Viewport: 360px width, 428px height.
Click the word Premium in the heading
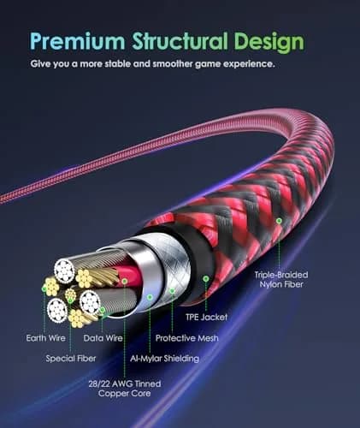(78, 41)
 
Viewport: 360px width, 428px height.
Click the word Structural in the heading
(180, 41)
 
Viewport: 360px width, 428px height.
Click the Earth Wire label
(45, 338)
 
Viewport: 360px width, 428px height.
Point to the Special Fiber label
(71, 359)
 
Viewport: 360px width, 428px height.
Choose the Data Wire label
(103, 338)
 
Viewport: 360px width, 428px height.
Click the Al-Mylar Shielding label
(164, 359)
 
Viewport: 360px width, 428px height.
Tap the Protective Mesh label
(187, 338)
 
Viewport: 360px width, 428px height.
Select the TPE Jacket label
(207, 317)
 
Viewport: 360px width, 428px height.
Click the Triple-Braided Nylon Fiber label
(281, 279)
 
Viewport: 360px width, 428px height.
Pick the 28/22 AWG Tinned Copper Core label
(125, 389)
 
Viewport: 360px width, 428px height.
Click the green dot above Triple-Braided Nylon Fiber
(279, 220)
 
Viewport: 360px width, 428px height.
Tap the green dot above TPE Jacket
(206, 279)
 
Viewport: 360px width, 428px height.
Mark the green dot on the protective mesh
(172, 291)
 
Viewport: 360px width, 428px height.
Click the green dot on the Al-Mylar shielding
(150, 297)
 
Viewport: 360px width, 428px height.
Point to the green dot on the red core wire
(125, 282)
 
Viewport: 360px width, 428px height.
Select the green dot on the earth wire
(44, 289)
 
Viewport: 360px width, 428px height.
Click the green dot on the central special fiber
(70, 300)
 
